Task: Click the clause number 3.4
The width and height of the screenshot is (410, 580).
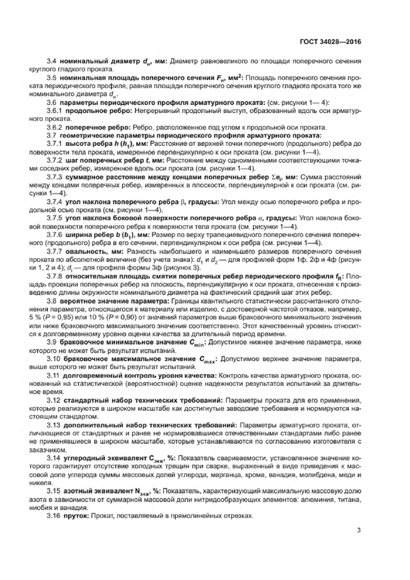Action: [x=52, y=62]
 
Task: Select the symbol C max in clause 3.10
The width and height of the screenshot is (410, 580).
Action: [x=207, y=360]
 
